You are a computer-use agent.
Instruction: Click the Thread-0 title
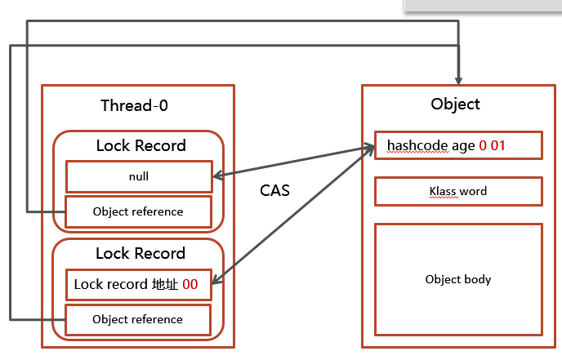pyautogui.click(x=135, y=105)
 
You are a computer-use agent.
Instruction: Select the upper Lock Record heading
pyautogui.click(x=140, y=146)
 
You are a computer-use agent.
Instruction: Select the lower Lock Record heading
pyautogui.click(x=140, y=253)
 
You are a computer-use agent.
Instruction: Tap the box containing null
pyautogui.click(x=138, y=176)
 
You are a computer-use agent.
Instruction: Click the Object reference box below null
pyautogui.click(x=138, y=211)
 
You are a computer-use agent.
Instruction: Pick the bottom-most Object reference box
pyautogui.click(x=138, y=319)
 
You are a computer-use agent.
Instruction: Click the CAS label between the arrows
pyautogui.click(x=274, y=190)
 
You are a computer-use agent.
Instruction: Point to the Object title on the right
pyautogui.click(x=455, y=104)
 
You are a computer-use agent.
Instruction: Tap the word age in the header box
pyautogui.click(x=463, y=145)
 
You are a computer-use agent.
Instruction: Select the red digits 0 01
pyautogui.click(x=493, y=145)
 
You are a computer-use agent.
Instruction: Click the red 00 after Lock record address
pyautogui.click(x=190, y=285)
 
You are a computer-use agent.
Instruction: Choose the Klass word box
pyautogui.click(x=458, y=192)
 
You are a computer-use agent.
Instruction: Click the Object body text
pyautogui.click(x=458, y=279)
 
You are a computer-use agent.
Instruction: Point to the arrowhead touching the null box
pyautogui.click(x=217, y=175)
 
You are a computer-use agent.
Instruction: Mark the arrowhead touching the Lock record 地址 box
pyautogui.click(x=217, y=286)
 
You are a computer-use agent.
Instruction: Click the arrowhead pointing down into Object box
pyautogui.click(x=459, y=81)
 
